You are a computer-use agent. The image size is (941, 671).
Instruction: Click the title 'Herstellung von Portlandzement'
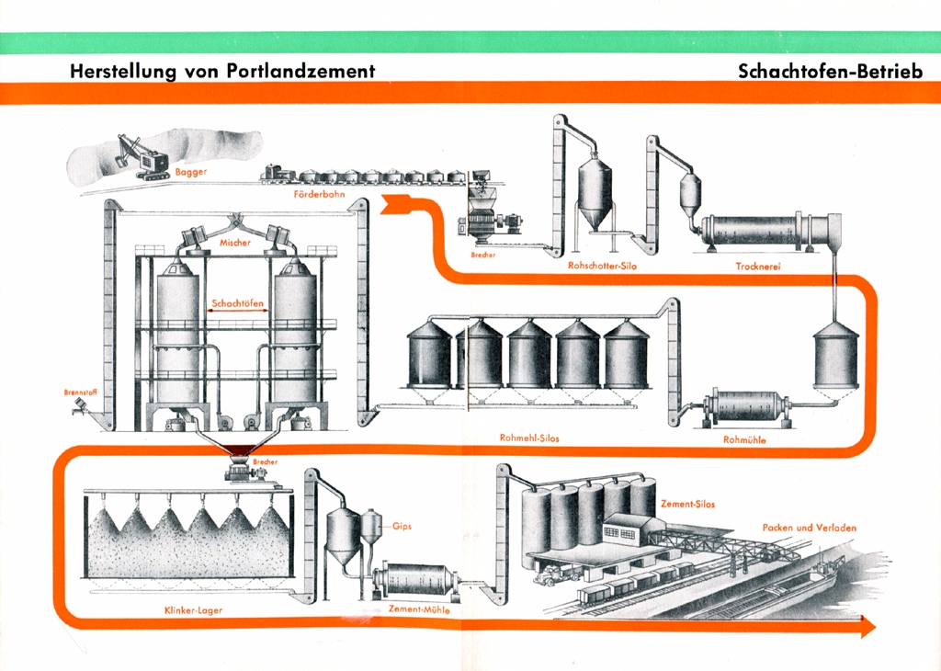pos(222,71)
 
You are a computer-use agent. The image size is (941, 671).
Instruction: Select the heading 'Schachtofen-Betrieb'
pos(830,71)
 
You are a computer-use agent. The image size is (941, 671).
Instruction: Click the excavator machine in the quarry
pos(142,157)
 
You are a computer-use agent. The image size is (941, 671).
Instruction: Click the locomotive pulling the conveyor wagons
pos(275,173)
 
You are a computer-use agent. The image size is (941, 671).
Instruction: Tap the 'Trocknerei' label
pos(759,266)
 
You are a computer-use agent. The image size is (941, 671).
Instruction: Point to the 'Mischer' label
pos(235,242)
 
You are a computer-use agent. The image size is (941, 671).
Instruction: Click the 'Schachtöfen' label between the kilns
pos(237,302)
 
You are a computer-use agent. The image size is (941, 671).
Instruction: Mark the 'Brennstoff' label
pos(80,392)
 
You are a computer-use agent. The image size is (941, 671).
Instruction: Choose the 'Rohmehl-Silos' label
pos(528,438)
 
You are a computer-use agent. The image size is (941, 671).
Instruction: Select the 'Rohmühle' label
pos(744,439)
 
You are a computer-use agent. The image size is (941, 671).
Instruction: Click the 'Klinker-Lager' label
pos(187,609)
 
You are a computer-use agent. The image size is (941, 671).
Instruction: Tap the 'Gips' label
pos(401,528)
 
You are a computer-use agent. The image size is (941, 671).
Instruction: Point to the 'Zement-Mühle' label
pos(419,609)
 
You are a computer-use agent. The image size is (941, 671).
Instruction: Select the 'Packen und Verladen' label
pos(809,528)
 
